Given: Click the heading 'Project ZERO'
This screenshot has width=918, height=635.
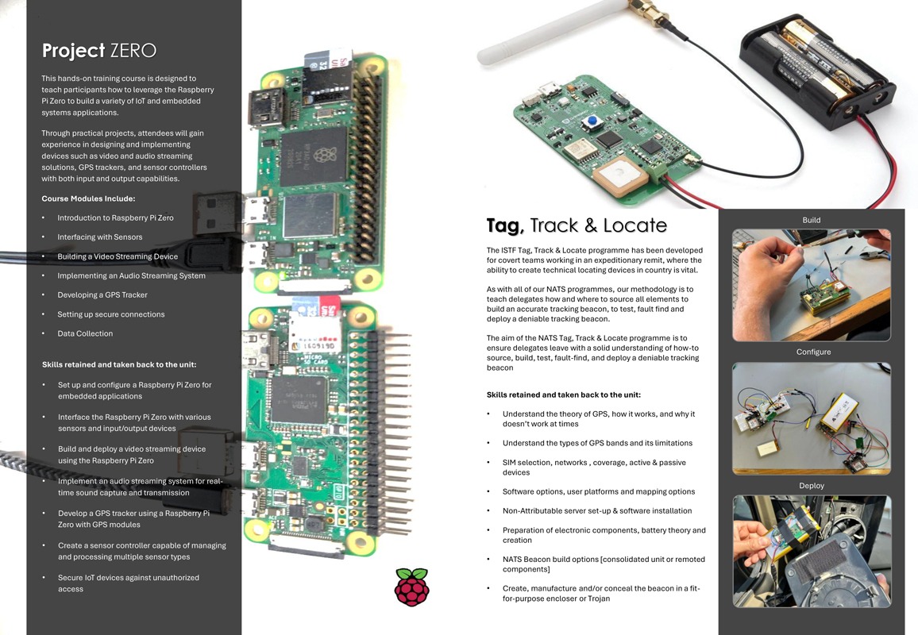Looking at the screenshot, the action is click(x=99, y=50).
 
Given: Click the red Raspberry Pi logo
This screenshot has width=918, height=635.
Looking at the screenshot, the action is click(x=411, y=587).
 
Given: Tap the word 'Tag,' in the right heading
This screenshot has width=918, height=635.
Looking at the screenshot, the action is click(x=505, y=225).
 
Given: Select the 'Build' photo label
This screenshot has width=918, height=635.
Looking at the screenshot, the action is click(x=811, y=220).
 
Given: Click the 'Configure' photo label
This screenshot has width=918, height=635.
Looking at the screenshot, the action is click(x=813, y=352).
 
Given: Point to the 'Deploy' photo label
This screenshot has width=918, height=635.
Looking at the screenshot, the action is click(x=812, y=486).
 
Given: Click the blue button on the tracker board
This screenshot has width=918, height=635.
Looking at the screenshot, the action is click(x=593, y=121).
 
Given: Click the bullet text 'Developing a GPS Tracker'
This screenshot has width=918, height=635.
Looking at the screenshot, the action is click(x=102, y=295).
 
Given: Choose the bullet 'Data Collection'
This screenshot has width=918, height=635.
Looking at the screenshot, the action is click(x=85, y=333).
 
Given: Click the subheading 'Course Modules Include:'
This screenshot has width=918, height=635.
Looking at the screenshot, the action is click(x=88, y=198).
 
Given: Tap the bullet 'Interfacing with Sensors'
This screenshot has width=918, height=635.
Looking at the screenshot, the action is click(x=99, y=237).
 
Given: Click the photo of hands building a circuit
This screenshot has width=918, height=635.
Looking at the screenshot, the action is click(x=812, y=285).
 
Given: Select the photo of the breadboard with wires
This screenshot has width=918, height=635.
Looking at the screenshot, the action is click(x=812, y=418).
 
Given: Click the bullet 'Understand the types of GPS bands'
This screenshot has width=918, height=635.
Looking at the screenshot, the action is click(x=597, y=443).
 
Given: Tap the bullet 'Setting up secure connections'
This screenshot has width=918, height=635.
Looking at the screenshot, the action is click(x=110, y=314).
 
